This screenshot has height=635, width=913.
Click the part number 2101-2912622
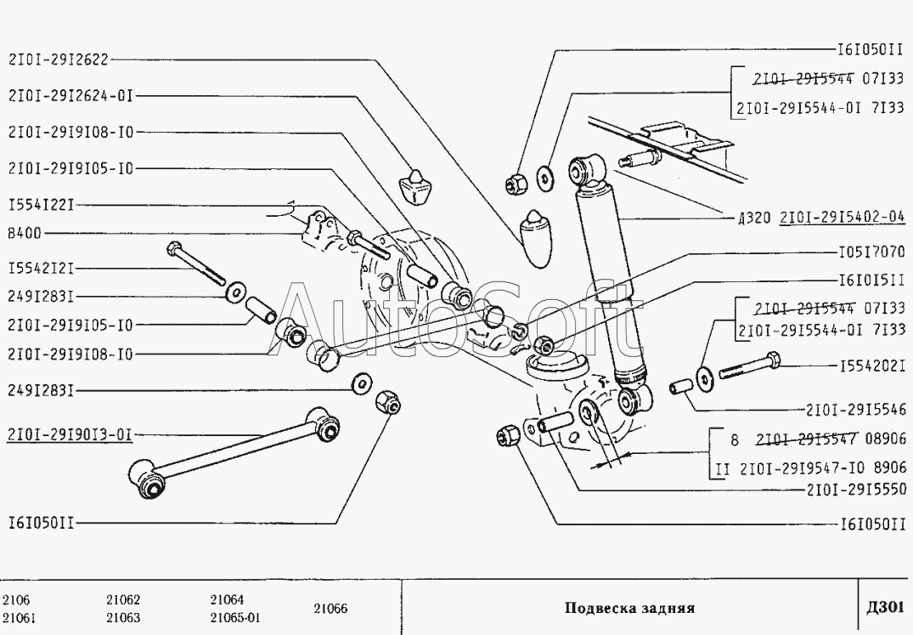coord(59,60)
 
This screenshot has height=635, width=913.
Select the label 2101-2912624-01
coord(70,96)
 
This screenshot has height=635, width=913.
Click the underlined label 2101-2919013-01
coord(70,435)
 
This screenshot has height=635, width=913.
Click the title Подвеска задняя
coord(629,609)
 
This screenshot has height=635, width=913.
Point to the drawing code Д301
coord(884,608)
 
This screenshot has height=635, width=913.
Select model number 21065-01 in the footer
coord(235,617)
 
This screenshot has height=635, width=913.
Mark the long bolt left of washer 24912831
coord(196,264)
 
